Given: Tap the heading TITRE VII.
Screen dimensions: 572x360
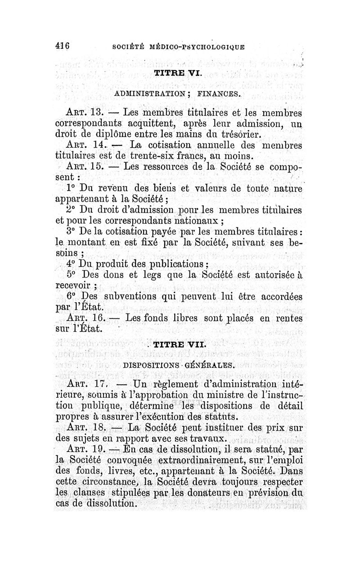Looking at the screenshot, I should pos(179,346).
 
